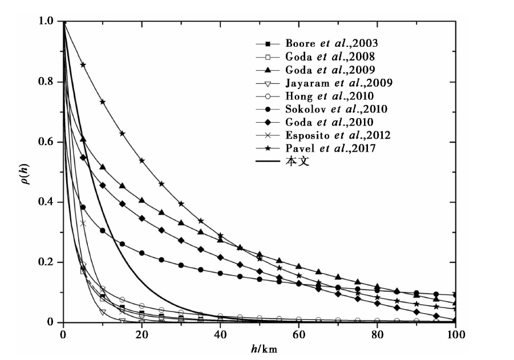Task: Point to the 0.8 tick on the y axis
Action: point(46,82)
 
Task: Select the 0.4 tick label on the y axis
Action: point(46,202)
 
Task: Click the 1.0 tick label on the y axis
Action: point(46,21)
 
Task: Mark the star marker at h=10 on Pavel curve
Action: point(103,102)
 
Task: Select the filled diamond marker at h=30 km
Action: point(181,240)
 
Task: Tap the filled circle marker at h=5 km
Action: point(83,207)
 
